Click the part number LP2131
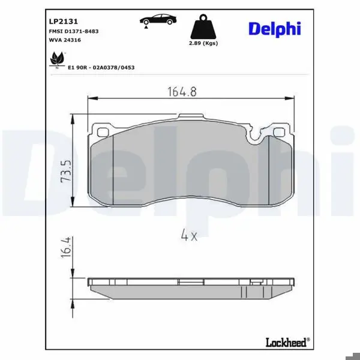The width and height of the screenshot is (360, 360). tap(64, 22)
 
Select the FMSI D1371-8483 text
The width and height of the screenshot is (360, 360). tap(74, 31)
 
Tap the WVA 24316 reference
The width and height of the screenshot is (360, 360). tap(65, 40)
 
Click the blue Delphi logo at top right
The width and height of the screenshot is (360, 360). tap(275, 29)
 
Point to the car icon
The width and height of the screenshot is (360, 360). tap(158, 20)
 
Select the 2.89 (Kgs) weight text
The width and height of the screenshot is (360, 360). tap(203, 43)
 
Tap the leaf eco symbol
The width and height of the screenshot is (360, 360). tap(57, 59)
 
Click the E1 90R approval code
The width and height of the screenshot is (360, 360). tap(101, 67)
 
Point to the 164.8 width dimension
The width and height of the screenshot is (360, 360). tap(182, 92)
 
